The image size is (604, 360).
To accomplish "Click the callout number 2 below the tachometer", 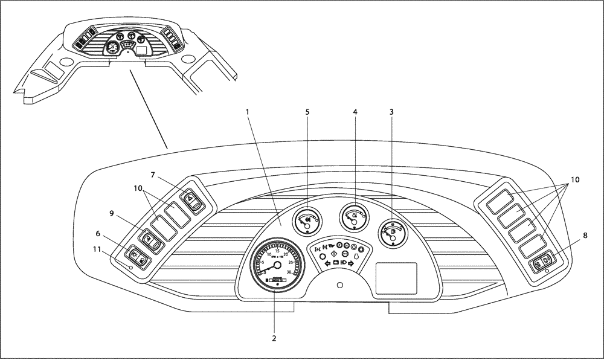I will [274, 338].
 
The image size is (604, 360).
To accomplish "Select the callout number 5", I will [307, 112].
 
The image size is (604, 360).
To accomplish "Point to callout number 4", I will [355, 112].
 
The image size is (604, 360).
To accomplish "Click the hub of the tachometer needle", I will [277, 264].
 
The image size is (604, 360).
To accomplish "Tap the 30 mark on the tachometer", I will [290, 272].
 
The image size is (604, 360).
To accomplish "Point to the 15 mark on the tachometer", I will [277, 251].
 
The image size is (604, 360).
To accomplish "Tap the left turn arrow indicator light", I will [328, 263].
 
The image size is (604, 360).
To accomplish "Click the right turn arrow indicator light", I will [350, 263].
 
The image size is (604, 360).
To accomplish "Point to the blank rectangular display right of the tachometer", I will [396, 278].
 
